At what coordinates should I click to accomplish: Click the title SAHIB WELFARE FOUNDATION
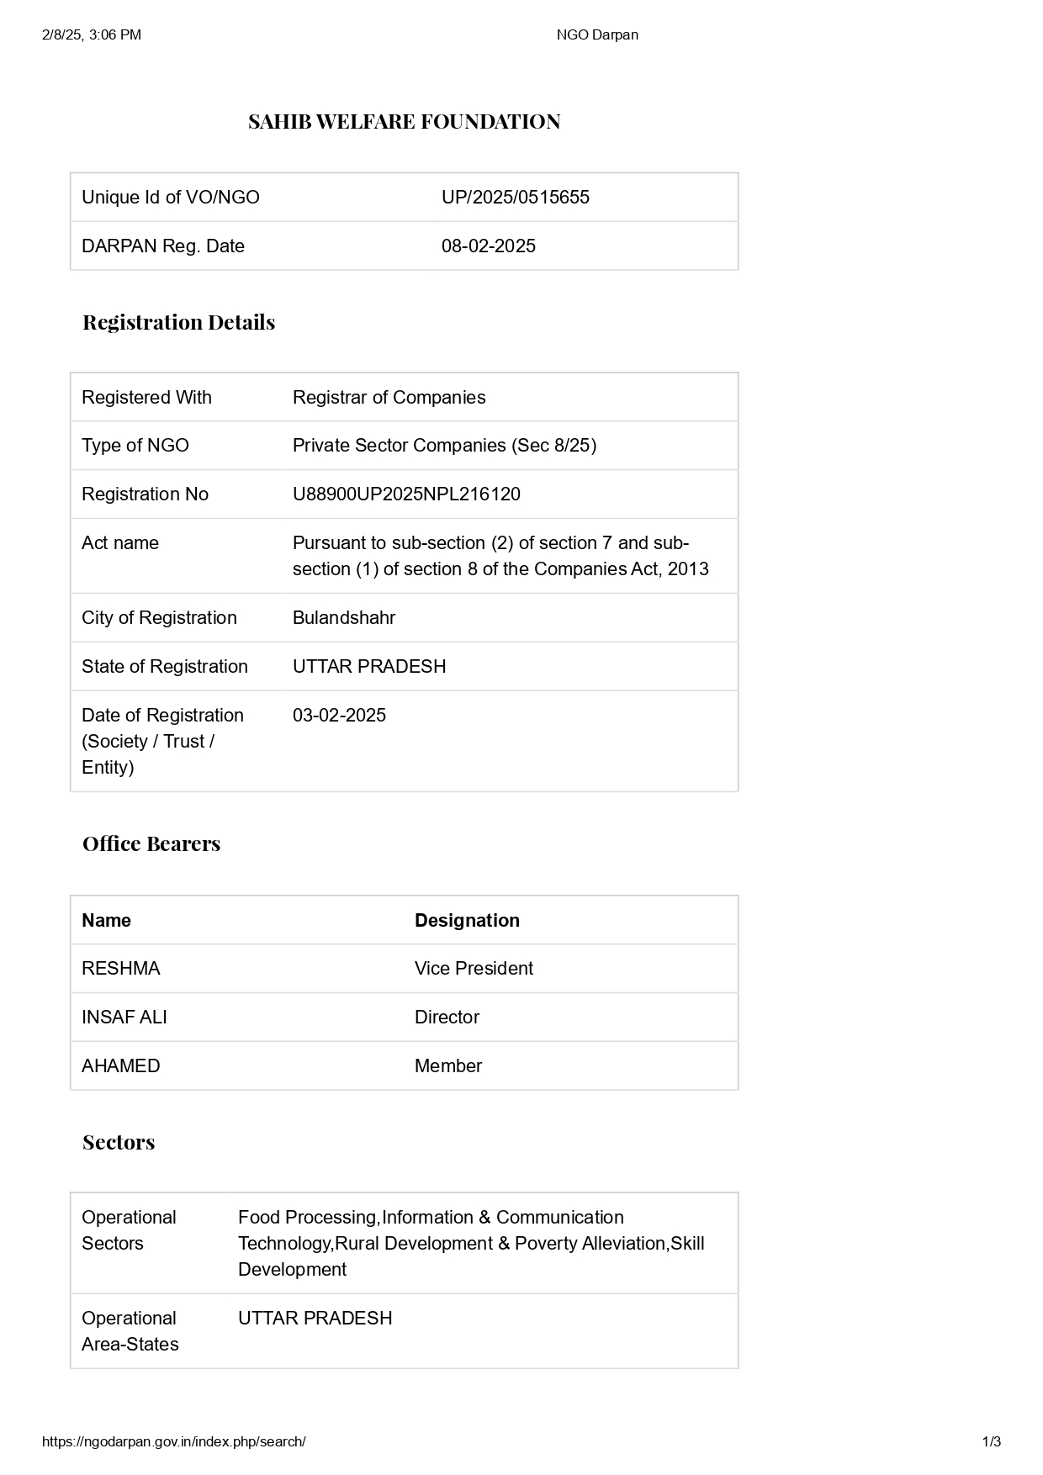pyautogui.click(x=404, y=122)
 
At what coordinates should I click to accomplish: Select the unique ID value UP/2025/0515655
pyautogui.click(x=515, y=198)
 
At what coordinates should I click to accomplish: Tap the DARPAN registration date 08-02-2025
pyautogui.click(x=488, y=246)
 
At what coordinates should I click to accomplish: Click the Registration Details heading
pyautogui.click(x=178, y=323)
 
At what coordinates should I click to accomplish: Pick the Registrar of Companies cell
pyautogui.click(x=389, y=398)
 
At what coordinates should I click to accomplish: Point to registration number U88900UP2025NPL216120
pyautogui.click(x=406, y=494)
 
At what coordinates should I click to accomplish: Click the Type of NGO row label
pyautogui.click(x=135, y=446)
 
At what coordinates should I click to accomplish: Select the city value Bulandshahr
pyautogui.click(x=343, y=618)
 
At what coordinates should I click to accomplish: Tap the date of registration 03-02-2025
pyautogui.click(x=339, y=716)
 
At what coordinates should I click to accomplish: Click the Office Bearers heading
pyautogui.click(x=151, y=844)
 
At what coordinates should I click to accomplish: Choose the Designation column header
pyautogui.click(x=467, y=921)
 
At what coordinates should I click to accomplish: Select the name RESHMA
pyautogui.click(x=120, y=969)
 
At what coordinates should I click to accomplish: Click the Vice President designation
pyautogui.click(x=474, y=969)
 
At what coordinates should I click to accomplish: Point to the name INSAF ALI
pyautogui.click(x=124, y=1018)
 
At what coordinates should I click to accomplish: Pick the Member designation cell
pyautogui.click(x=448, y=1066)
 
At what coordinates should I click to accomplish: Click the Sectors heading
pyautogui.click(x=119, y=1143)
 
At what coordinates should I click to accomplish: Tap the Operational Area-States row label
pyautogui.click(x=130, y=1331)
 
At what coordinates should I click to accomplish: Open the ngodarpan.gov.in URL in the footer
pyautogui.click(x=173, y=1441)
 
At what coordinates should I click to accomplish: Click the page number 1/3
pyautogui.click(x=991, y=1441)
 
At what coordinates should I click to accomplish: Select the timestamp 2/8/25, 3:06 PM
pyautogui.click(x=92, y=34)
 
